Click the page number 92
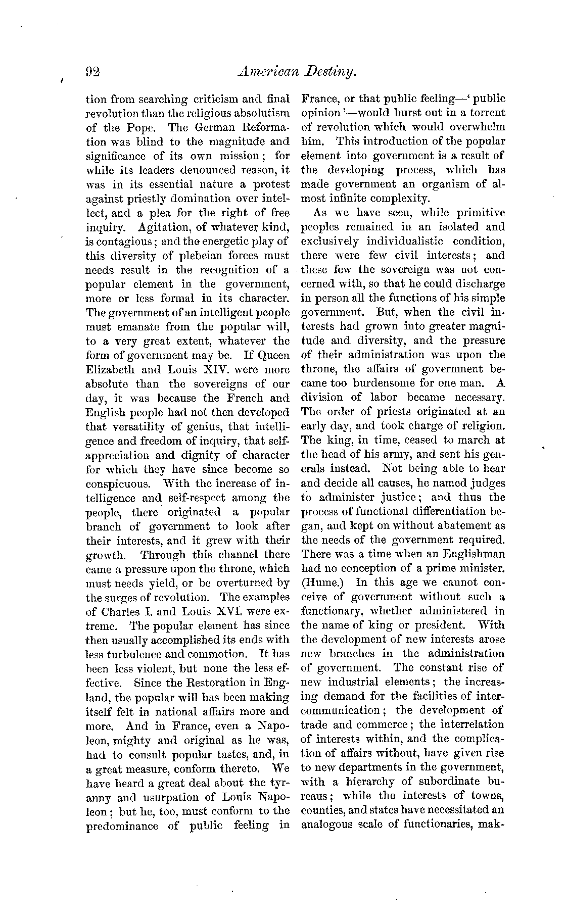tap(93, 72)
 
